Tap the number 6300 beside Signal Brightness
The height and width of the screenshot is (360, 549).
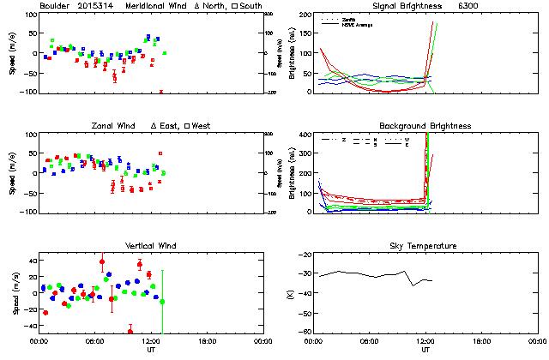point(469,5)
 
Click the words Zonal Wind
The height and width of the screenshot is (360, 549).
point(112,126)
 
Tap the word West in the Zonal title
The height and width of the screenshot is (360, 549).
point(202,126)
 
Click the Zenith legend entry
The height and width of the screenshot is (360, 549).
point(347,17)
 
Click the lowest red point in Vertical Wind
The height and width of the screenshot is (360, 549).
point(130,331)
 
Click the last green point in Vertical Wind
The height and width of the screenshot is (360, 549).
point(162,302)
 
